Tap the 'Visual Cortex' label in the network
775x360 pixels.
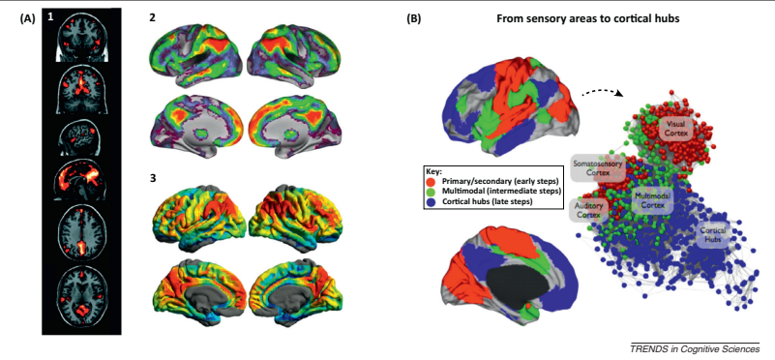675,130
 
